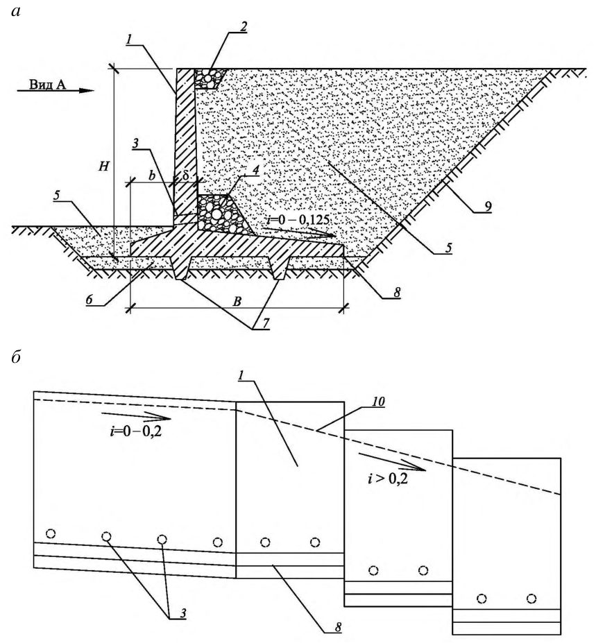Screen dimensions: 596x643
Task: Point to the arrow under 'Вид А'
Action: [x=56, y=91]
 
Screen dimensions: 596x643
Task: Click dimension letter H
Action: [x=104, y=166]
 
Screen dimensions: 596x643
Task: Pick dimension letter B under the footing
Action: [x=237, y=302]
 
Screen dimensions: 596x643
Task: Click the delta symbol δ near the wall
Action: [x=185, y=176]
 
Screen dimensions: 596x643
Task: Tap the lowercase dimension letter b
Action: [x=152, y=176]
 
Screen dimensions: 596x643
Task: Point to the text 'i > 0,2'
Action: [x=388, y=478]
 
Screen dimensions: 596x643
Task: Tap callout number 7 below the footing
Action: [x=266, y=323]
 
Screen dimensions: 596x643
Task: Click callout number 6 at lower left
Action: [x=89, y=300]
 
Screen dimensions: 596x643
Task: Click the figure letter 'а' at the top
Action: [x=15, y=12]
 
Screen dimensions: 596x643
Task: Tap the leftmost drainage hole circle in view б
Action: [x=51, y=533]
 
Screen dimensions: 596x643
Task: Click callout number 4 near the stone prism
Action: [x=255, y=170]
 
